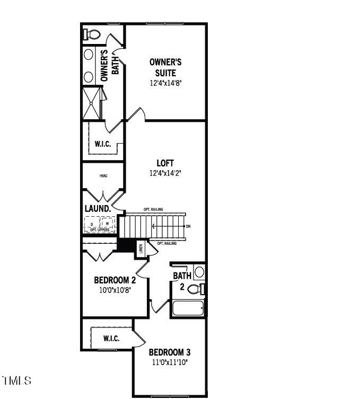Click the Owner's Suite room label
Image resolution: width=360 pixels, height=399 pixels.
click(165, 67)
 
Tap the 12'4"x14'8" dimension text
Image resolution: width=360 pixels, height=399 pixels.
click(165, 83)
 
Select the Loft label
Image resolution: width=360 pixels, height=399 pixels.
click(165, 163)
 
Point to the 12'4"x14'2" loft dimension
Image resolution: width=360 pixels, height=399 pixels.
click(165, 173)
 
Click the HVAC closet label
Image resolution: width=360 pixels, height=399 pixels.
click(103, 176)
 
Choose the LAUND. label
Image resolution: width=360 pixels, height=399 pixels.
click(98, 209)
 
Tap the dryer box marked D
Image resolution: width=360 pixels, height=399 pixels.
click(92, 224)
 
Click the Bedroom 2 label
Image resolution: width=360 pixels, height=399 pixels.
click(115, 280)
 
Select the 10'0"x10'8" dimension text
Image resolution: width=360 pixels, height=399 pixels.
click(115, 290)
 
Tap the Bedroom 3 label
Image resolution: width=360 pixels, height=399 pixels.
click(169, 352)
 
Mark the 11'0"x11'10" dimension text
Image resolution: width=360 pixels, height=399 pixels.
click(169, 362)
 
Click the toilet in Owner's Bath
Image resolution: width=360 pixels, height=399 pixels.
click(92, 34)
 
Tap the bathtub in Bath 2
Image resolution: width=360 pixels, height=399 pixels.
click(188, 309)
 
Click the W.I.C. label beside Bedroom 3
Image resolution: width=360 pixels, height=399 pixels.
click(111, 339)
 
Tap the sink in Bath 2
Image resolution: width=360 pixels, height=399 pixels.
click(199, 272)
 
